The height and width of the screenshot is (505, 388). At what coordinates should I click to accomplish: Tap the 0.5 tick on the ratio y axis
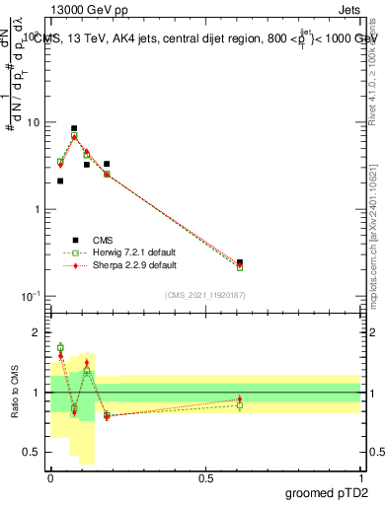[x=35, y=452]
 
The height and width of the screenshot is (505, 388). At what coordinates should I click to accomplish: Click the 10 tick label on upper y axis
[x=35, y=123]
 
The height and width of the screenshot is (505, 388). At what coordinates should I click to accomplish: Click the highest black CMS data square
[x=74, y=128]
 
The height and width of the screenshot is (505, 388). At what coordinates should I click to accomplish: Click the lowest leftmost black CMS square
[x=60, y=180]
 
